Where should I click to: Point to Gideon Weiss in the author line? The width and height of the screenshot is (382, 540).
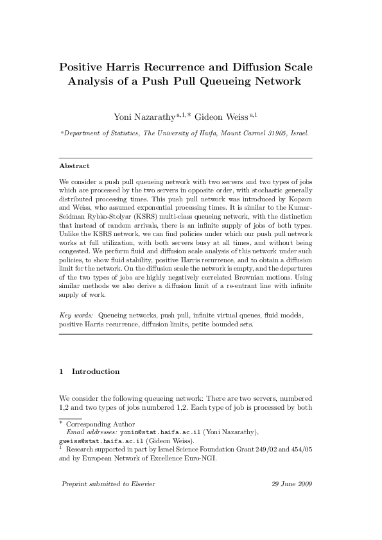click(227, 116)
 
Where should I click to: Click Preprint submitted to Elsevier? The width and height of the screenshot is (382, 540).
click(107, 484)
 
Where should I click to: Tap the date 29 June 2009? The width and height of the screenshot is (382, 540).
click(292, 484)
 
